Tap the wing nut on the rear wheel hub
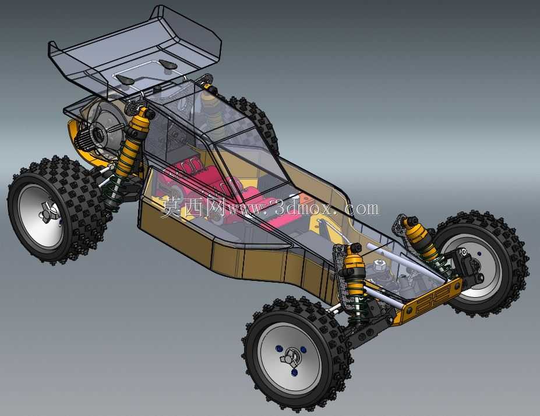pos(47,211)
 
